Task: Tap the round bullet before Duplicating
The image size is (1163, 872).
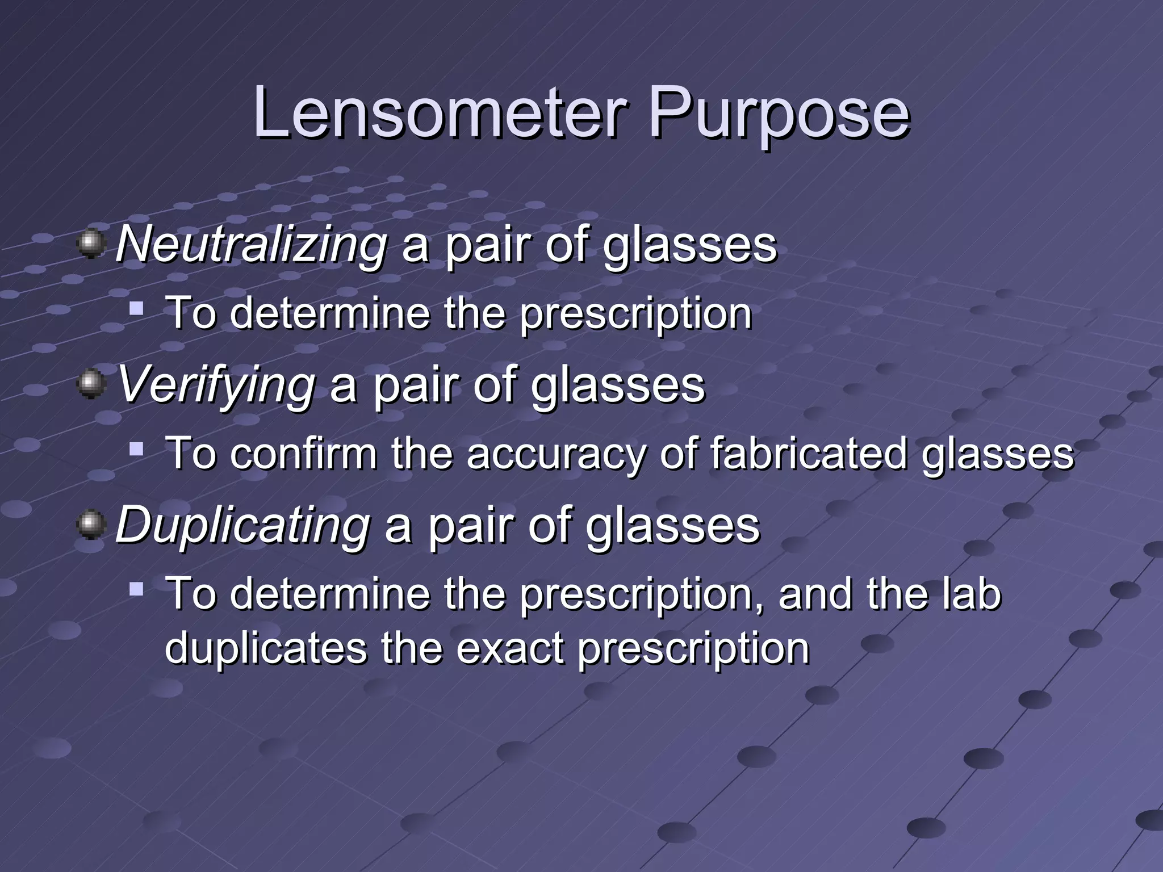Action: click(x=91, y=525)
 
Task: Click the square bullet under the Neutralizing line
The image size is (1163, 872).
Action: click(x=136, y=309)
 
